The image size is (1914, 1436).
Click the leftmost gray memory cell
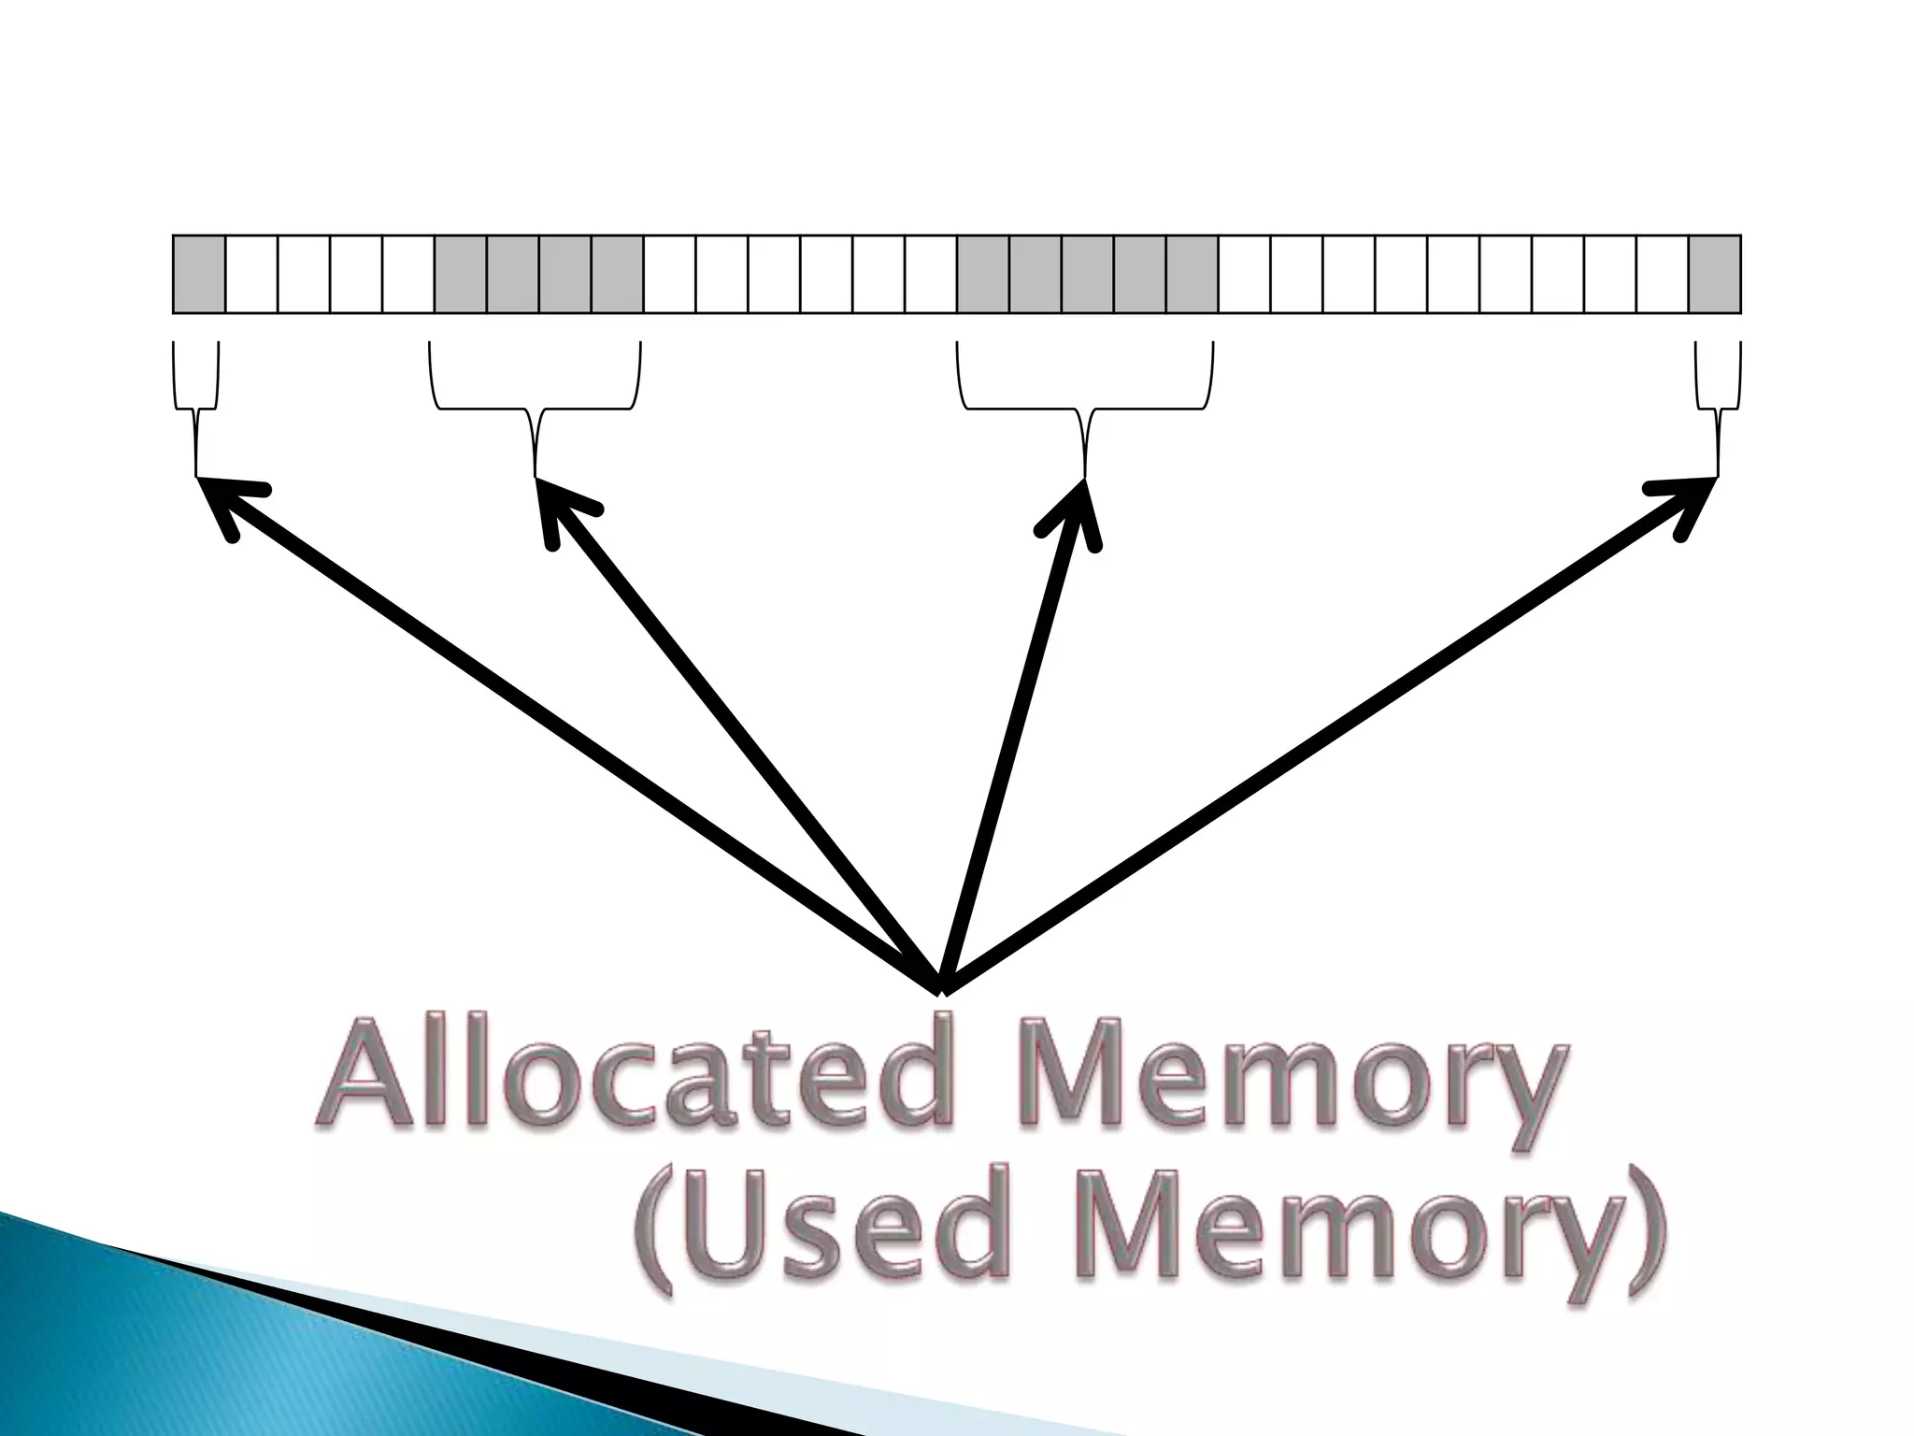(x=199, y=274)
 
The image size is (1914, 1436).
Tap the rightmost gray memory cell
(x=1714, y=274)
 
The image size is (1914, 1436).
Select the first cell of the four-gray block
(x=461, y=274)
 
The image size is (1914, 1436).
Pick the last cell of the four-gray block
(x=618, y=274)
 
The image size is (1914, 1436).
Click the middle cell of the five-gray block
(x=1088, y=274)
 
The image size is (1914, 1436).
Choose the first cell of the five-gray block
(x=983, y=274)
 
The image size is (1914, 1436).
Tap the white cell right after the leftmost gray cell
(x=251, y=274)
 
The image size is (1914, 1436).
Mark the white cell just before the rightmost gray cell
(x=1662, y=274)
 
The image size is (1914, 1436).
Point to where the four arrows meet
(x=942, y=986)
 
